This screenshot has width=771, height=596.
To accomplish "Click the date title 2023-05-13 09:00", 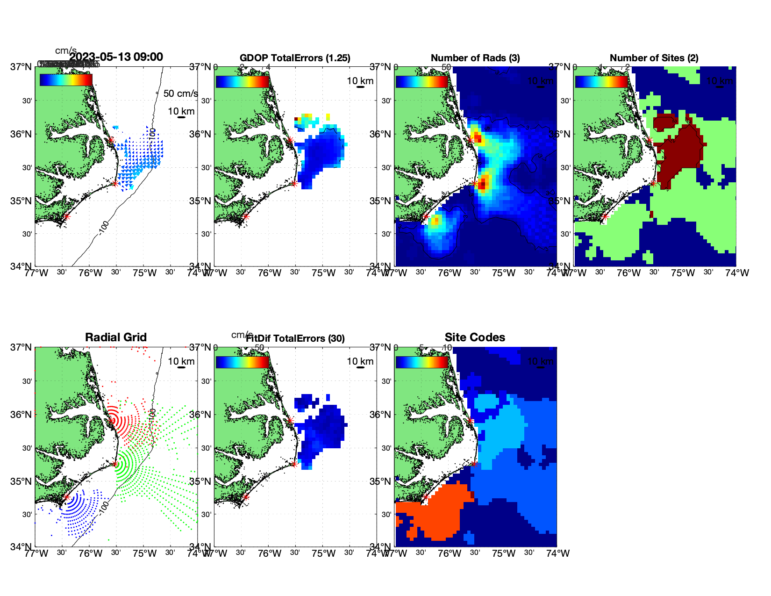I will coord(116,57).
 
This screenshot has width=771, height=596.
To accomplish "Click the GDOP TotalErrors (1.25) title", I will coord(295,58).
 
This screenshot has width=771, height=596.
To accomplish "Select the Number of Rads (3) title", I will coord(475,58).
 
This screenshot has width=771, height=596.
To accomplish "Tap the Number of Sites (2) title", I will coord(654,58).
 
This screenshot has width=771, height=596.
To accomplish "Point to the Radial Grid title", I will coord(116,337).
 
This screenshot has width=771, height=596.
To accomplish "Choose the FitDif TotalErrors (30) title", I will coord(295,338).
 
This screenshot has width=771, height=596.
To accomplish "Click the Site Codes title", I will coord(475,337).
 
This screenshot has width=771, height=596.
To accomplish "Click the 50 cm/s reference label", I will coord(180,93).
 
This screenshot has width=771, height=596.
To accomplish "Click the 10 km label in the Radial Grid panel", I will coord(181,361).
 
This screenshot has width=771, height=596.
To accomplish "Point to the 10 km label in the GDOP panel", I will coord(360,81).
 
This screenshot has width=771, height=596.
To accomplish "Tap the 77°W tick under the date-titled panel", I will coord(36,273).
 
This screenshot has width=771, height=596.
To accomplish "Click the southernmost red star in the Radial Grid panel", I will coord(67,497).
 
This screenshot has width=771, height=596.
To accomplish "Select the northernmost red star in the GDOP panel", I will coord(290,140).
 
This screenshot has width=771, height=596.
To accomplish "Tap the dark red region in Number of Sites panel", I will coord(680,150).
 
